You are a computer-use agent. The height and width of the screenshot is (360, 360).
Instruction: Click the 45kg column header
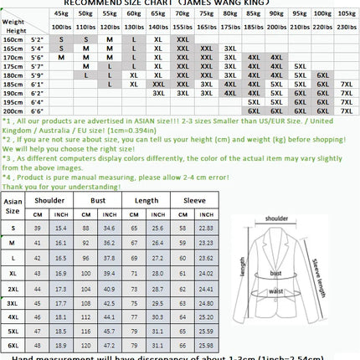[x=61, y=13]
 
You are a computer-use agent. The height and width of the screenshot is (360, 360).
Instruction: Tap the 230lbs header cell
[x=347, y=28]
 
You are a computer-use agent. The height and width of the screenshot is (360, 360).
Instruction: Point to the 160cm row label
[x=13, y=40]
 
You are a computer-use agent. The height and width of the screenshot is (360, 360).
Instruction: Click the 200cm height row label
[x=13, y=110]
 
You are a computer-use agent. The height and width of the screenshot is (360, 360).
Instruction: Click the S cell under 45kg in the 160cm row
[x=61, y=40]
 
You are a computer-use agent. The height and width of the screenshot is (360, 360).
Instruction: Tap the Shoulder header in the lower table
[x=49, y=200]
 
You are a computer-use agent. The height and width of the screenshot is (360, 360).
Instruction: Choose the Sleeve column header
[x=196, y=200]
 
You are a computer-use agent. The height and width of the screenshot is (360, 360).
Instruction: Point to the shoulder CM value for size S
[x=37, y=228]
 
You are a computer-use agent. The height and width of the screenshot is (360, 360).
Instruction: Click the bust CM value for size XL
[x=85, y=273]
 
